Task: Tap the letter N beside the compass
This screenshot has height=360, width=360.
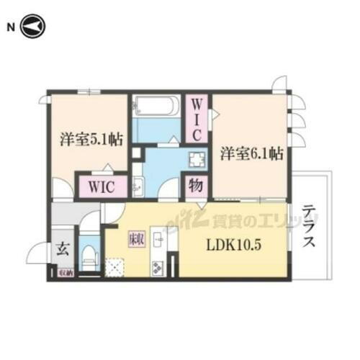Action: (x=11, y=27)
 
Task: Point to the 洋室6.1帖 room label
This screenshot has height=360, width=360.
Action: (x=251, y=153)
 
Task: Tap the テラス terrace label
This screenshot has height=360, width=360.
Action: (x=310, y=228)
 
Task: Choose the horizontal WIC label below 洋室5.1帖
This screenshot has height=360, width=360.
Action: (x=102, y=186)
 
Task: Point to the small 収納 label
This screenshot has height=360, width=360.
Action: (x=64, y=273)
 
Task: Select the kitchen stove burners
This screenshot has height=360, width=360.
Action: (x=158, y=267)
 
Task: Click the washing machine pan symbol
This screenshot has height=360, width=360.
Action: (x=196, y=159)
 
